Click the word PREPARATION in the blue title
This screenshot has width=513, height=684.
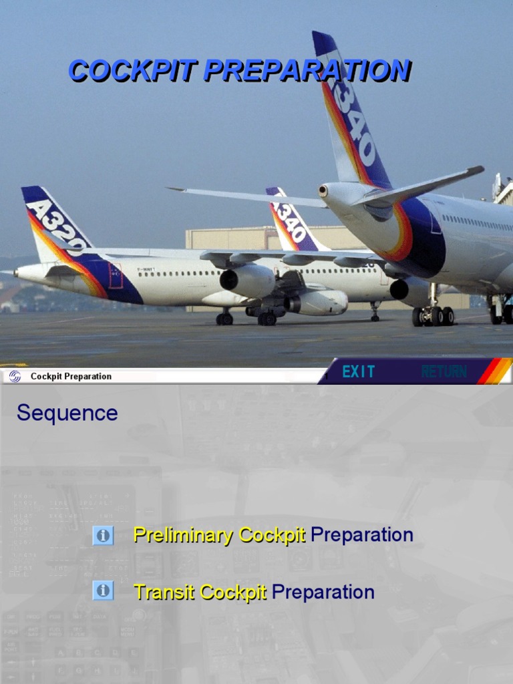pyautogui.click(x=307, y=70)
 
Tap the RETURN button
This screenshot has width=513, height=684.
pyautogui.click(x=444, y=372)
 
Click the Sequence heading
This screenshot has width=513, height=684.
pyautogui.click(x=67, y=413)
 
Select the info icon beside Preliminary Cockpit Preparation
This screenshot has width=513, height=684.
pyautogui.click(x=103, y=535)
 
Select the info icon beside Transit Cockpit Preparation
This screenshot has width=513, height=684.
pyautogui.click(x=103, y=590)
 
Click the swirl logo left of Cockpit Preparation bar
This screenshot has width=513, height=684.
pyautogui.click(x=14, y=376)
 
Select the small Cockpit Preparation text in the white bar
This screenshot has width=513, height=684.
pyautogui.click(x=71, y=377)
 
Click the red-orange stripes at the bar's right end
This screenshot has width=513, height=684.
pyautogui.click(x=494, y=371)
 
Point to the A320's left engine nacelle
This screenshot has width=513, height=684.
pyautogui.click(x=247, y=281)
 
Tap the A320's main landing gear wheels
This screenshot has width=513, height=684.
pyautogui.click(x=267, y=319)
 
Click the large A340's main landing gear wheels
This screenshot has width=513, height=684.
pyautogui.click(x=433, y=316)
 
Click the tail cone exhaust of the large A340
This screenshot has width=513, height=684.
pyautogui.click(x=324, y=191)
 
